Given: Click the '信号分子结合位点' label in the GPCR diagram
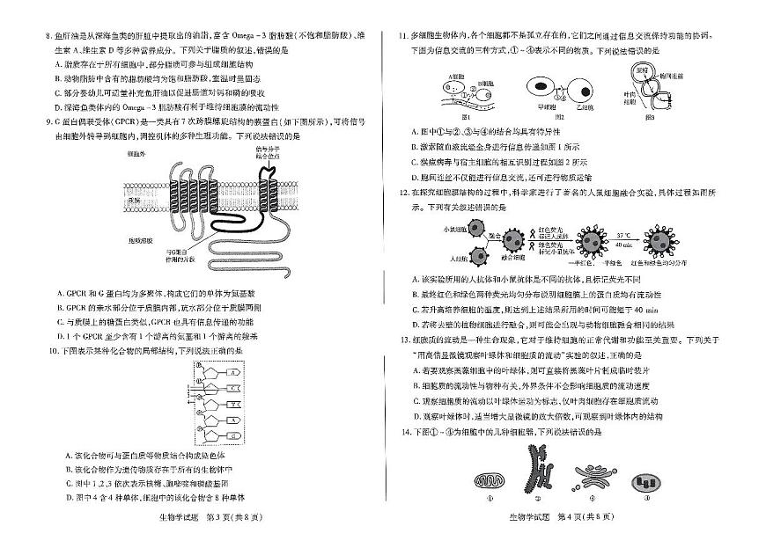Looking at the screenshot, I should pos(269,154).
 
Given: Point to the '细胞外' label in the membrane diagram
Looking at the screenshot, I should pos(136,152).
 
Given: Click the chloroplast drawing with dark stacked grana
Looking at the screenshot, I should pos(645,482).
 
